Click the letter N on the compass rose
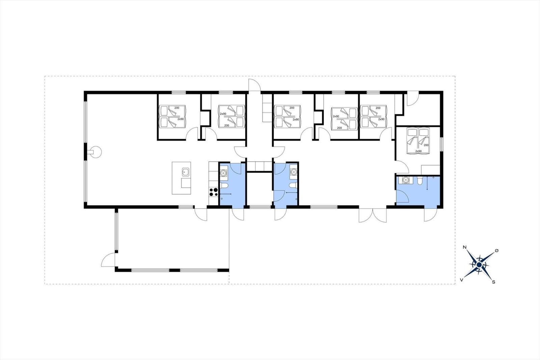coord(464,247)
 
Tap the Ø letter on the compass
coord(496,251)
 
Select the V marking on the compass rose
coord(462,280)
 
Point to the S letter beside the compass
coord(493,282)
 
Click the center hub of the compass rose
coord(479,265)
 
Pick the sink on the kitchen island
coord(185,172)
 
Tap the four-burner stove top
coord(213,192)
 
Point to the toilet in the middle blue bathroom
coord(293,185)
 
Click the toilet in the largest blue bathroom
coord(420,180)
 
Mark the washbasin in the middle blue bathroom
coord(293,172)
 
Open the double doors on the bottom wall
coord(373,215)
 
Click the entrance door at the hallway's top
coord(254,85)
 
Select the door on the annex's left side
coord(108,260)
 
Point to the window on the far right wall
coord(442,144)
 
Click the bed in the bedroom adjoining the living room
coord(172,116)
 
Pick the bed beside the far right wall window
coord(418,141)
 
